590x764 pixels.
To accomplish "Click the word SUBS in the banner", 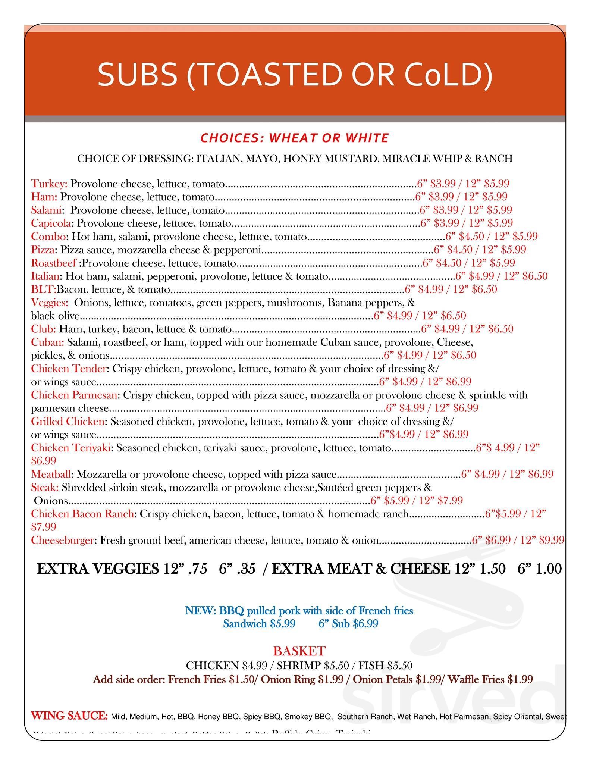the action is tap(137, 74).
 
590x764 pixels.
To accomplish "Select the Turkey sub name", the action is tap(49, 184).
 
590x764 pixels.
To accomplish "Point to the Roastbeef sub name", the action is tap(54, 263).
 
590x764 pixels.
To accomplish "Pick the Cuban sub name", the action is tap(47, 342).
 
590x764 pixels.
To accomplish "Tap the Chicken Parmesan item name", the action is tap(74, 395).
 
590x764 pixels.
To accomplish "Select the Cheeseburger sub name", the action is tap(62, 540).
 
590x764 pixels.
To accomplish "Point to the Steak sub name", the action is tap(44, 487).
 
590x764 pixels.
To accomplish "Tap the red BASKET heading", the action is tap(299, 651).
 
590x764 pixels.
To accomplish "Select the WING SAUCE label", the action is tap(69, 716).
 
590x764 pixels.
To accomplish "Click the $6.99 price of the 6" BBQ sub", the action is tap(365, 624).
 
